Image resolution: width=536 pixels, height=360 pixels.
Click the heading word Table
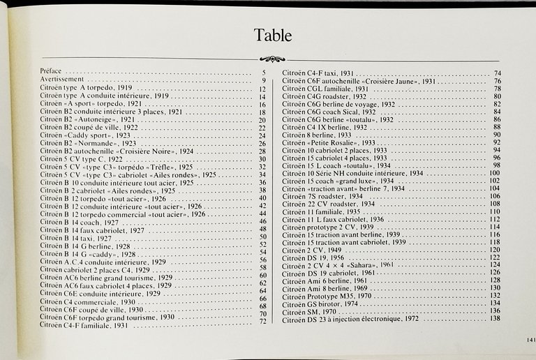click(274, 35)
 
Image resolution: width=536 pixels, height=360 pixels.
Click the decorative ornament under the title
click(271, 59)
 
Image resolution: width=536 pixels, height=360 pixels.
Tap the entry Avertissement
click(62, 80)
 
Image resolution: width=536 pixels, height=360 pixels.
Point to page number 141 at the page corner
click(529, 340)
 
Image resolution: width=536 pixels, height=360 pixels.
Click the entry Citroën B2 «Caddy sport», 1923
click(84, 135)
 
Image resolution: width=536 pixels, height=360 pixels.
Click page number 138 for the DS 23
click(495, 319)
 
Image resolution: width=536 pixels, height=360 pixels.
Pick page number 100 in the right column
click(495, 172)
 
